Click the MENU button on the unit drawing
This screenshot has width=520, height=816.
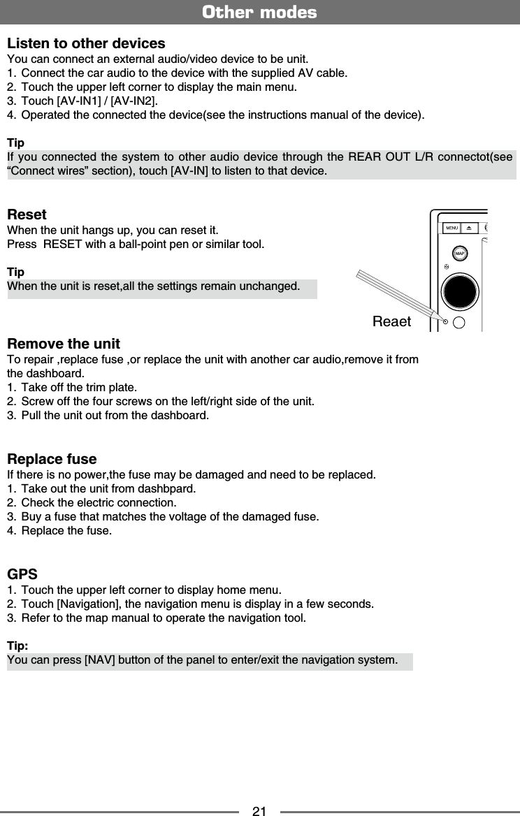pyautogui.click(x=452, y=228)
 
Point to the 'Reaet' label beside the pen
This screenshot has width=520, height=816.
pyautogui.click(x=392, y=321)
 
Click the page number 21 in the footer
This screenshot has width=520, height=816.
pyautogui.click(x=259, y=811)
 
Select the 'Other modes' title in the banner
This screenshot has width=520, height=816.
pyautogui.click(x=259, y=13)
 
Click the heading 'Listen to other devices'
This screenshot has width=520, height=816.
pyautogui.click(x=86, y=43)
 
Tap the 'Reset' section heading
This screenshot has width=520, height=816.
pyautogui.click(x=27, y=214)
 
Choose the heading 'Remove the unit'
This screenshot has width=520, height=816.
pyautogui.click(x=64, y=344)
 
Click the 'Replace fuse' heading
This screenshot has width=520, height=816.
pyautogui.click(x=52, y=459)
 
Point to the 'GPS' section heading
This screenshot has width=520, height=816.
pyautogui.click(x=22, y=574)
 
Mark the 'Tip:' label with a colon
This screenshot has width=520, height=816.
pyautogui.click(x=17, y=645)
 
